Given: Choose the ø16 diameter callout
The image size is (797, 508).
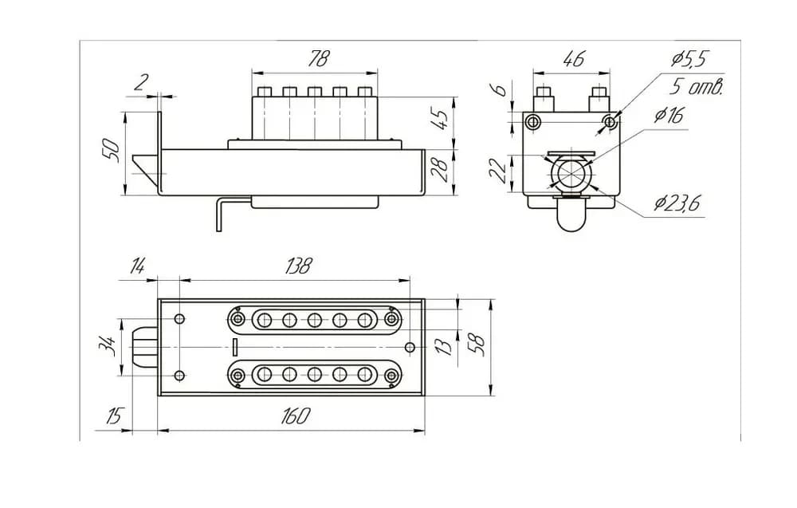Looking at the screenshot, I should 669,115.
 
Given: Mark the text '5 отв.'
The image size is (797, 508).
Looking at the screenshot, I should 696,87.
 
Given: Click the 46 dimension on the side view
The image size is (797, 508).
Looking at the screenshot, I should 573,58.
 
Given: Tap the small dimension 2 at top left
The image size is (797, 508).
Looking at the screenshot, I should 139,82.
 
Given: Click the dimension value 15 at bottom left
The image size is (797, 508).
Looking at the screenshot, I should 116,416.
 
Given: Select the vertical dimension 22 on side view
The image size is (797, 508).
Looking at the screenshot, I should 498,171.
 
